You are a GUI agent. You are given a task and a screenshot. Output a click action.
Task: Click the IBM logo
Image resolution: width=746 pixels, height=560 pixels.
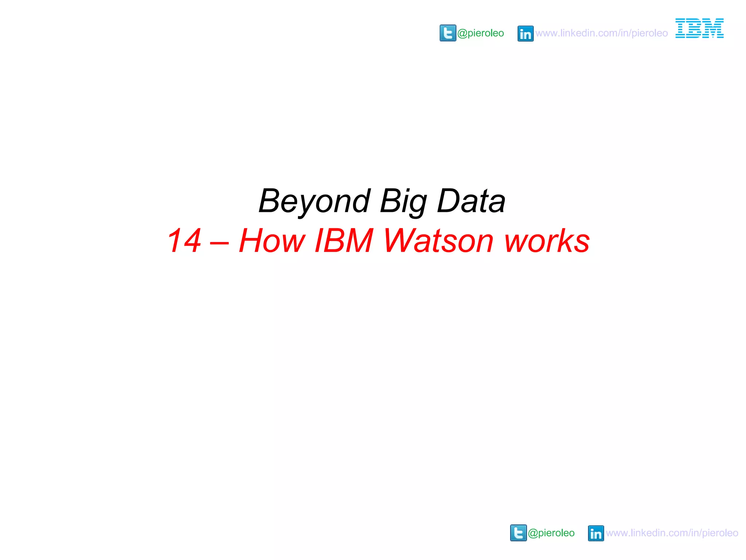[699, 28]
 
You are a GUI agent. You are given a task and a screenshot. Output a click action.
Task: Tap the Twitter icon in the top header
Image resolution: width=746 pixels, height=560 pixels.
[448, 33]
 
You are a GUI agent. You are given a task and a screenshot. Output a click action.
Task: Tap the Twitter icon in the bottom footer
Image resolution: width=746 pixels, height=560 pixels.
[518, 533]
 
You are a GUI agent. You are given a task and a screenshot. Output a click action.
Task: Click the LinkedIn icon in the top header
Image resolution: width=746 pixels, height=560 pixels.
[525, 34]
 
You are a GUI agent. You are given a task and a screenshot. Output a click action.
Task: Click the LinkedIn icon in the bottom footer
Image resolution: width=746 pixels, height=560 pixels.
[596, 533]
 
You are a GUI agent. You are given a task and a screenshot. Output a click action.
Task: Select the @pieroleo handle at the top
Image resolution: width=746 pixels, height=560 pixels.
[480, 33]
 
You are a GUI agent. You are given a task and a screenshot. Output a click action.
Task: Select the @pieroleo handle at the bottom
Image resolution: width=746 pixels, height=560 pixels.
[551, 533]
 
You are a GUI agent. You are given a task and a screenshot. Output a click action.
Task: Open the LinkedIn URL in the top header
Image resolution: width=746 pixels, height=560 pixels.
[601, 33]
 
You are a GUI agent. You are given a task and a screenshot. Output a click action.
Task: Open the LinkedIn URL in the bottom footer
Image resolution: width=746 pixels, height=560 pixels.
[672, 533]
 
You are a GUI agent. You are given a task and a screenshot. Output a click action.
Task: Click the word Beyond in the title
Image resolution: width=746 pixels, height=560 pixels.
[314, 201]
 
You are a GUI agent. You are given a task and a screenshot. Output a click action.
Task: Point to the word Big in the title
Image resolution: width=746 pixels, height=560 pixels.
[403, 201]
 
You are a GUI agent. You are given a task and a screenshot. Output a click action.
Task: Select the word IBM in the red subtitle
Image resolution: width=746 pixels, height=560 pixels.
[343, 241]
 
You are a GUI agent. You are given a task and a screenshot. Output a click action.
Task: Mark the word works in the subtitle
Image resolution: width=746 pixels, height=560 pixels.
[547, 241]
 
